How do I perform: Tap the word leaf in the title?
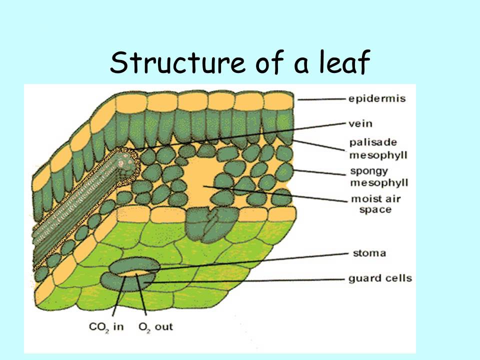(x=343, y=63)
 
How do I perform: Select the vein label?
(x=360, y=123)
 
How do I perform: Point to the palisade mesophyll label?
(x=378, y=148)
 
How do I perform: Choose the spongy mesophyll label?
(x=378, y=176)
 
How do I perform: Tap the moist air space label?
(x=375, y=203)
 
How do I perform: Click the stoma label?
(x=367, y=253)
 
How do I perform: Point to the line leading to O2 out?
(x=142, y=300)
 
